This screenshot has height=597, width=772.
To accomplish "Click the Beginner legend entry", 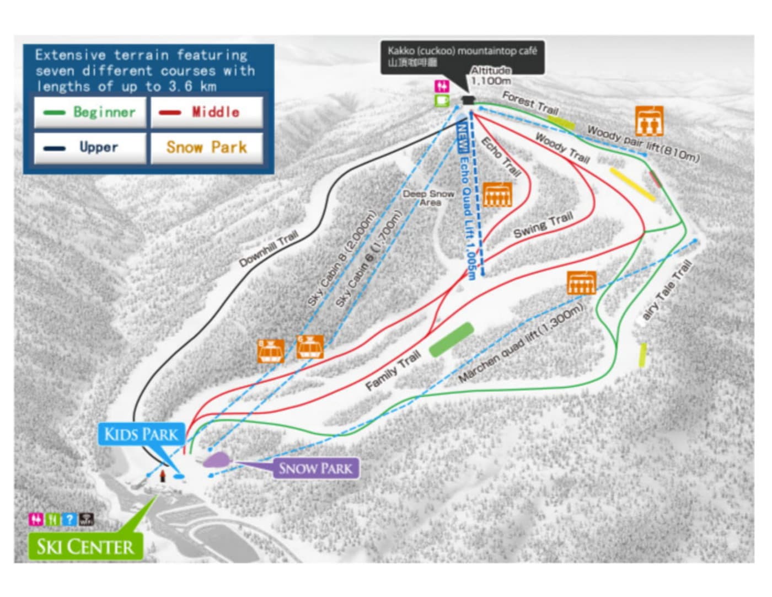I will (91, 113).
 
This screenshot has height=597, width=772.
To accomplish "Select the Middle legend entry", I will (206, 113).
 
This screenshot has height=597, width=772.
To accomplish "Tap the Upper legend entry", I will (91, 147).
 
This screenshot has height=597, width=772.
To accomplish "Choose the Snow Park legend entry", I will (206, 147).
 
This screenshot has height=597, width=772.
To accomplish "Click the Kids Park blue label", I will (141, 434).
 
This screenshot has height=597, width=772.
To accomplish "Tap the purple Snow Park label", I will (315, 468).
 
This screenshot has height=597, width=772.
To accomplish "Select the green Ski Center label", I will (85, 546).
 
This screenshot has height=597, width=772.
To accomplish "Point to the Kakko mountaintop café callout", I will (462, 56).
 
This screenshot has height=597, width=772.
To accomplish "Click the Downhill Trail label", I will (269, 249).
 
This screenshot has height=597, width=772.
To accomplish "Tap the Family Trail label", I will (393, 371).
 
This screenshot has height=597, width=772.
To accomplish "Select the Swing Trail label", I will (543, 225).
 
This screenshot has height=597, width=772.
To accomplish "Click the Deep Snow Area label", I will (428, 198).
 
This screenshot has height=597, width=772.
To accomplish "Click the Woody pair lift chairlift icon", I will (649, 121).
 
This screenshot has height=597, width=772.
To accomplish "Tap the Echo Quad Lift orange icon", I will (497, 194).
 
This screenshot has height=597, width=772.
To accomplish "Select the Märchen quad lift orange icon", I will (581, 283).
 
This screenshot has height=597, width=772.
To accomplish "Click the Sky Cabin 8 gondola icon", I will (271, 351).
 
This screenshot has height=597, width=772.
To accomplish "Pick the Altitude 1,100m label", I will (490, 76).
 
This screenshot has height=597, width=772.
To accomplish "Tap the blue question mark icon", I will (69, 519).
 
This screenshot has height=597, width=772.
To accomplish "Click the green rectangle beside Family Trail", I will (451, 339).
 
